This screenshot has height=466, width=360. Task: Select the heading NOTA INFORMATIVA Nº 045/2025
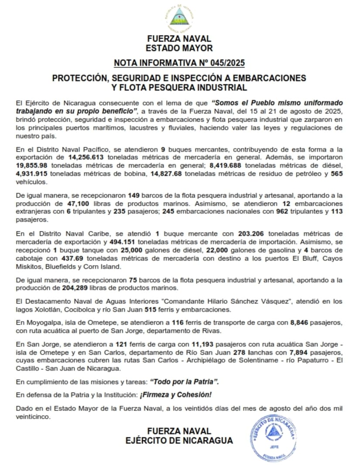[x=179, y=63]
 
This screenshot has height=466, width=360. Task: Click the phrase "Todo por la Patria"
[x=184, y=381]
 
